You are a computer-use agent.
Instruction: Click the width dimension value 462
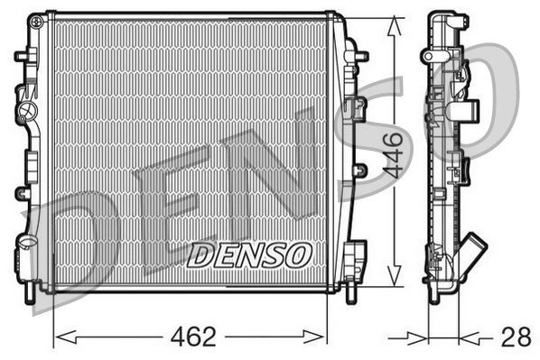click(191, 337)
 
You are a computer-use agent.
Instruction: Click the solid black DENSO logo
click(249, 254)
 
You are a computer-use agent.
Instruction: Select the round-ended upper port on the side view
click(470, 112)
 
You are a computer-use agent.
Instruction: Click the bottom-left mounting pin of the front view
click(35, 292)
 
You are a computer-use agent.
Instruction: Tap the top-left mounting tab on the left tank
click(21, 56)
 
